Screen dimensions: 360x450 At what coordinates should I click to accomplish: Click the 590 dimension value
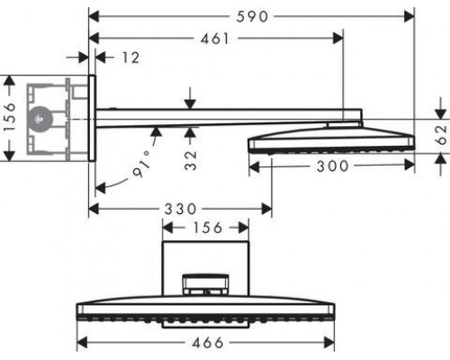click(252, 15)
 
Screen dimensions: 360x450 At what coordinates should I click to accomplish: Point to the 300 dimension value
click(329, 166)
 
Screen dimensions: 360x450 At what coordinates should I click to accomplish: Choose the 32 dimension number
click(191, 165)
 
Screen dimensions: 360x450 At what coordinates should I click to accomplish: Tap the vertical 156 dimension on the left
click(10, 118)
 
